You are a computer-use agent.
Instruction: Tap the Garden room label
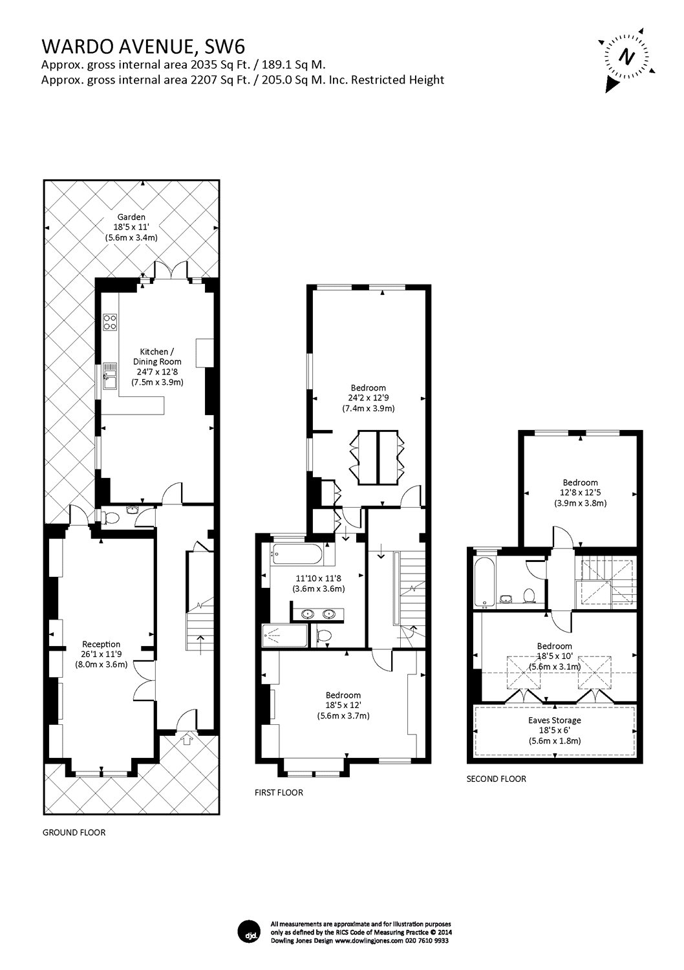coord(131,217)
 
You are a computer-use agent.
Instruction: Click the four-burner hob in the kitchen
coord(110,322)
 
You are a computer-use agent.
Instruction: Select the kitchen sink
coord(109,376)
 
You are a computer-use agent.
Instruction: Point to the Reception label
coord(102,644)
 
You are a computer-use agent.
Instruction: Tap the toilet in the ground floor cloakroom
coord(112,517)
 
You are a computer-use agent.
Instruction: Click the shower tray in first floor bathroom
coord(285,636)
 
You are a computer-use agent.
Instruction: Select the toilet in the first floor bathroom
coord(323,636)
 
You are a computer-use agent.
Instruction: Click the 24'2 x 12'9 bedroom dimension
coord(369,398)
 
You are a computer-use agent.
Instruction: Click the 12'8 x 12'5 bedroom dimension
coord(580,493)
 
